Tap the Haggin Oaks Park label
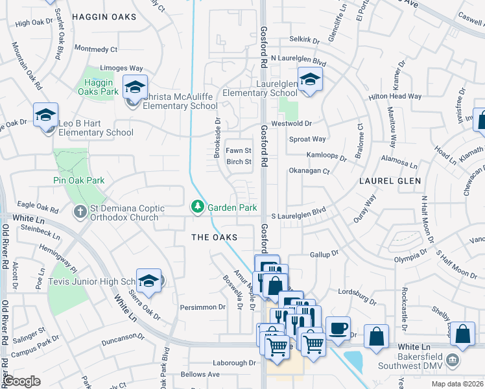point(101,87)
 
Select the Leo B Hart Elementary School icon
point(46,115)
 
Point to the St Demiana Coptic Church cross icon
point(80,212)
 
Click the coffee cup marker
point(338,328)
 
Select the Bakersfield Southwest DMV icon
point(454,360)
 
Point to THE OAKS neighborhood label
point(214,238)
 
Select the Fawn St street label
point(238,150)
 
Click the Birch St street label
point(238,162)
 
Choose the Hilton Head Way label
point(395,97)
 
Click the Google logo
point(22,381)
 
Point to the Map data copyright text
point(456,384)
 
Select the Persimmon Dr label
point(202,307)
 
